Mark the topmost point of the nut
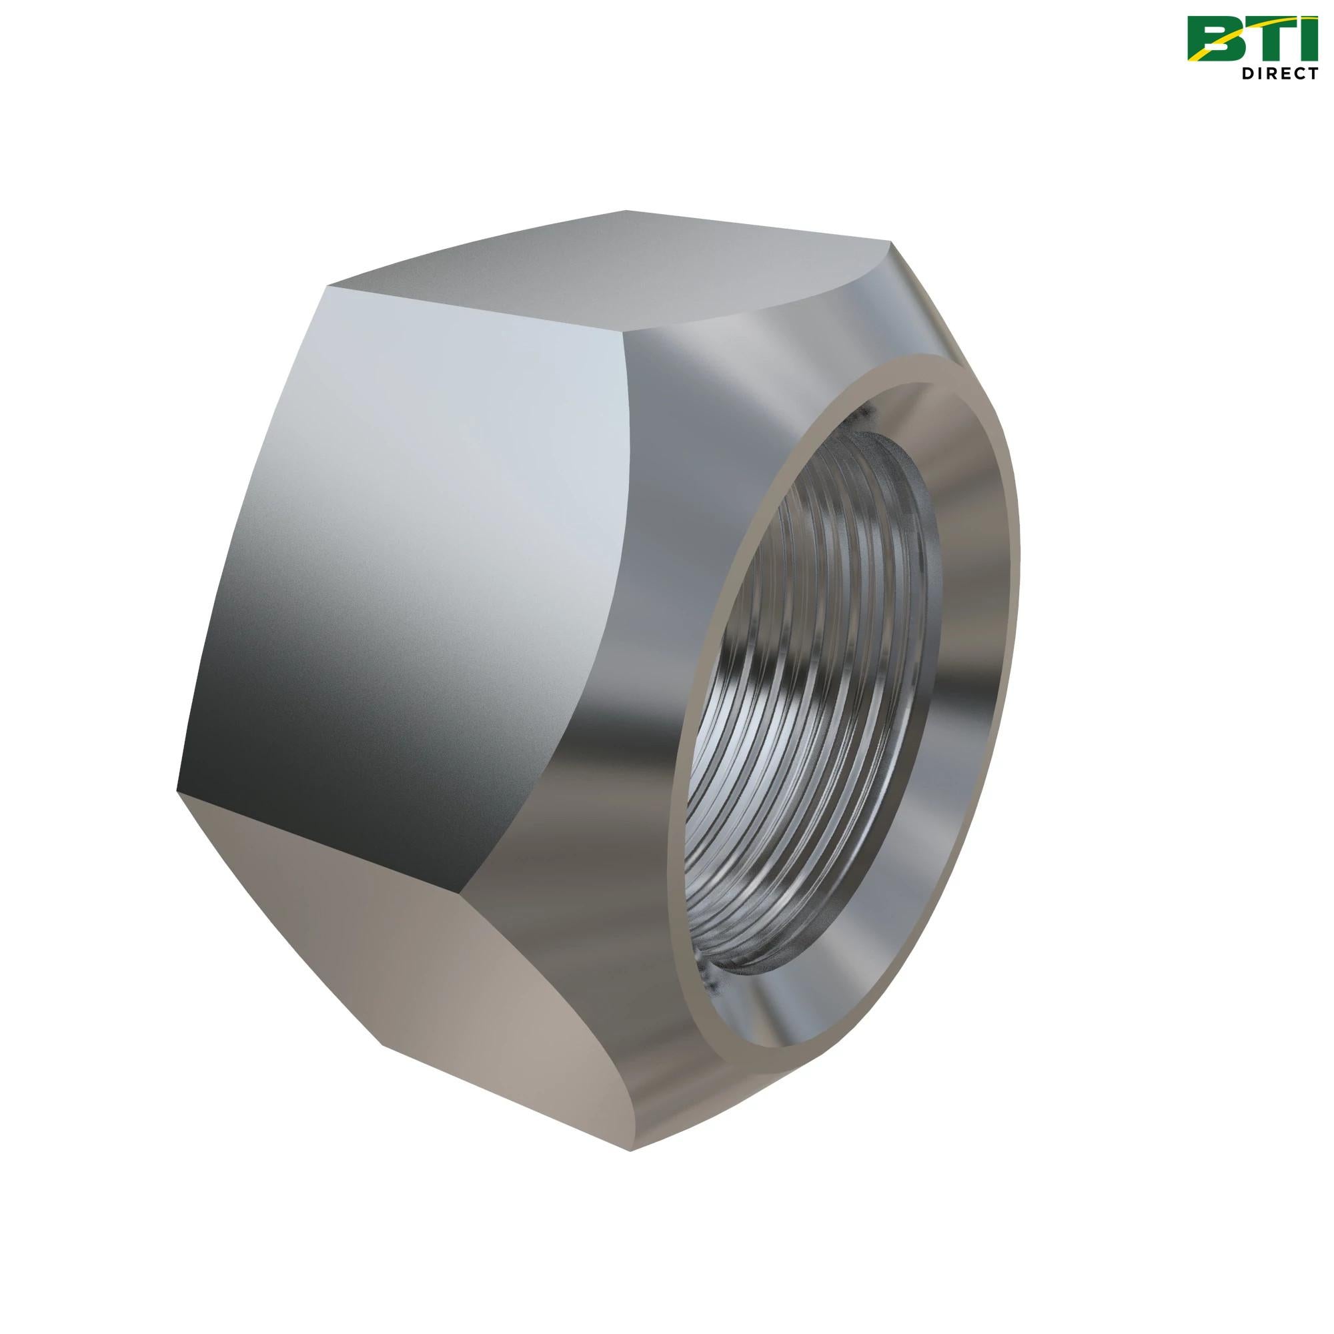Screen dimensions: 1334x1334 [626, 211]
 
